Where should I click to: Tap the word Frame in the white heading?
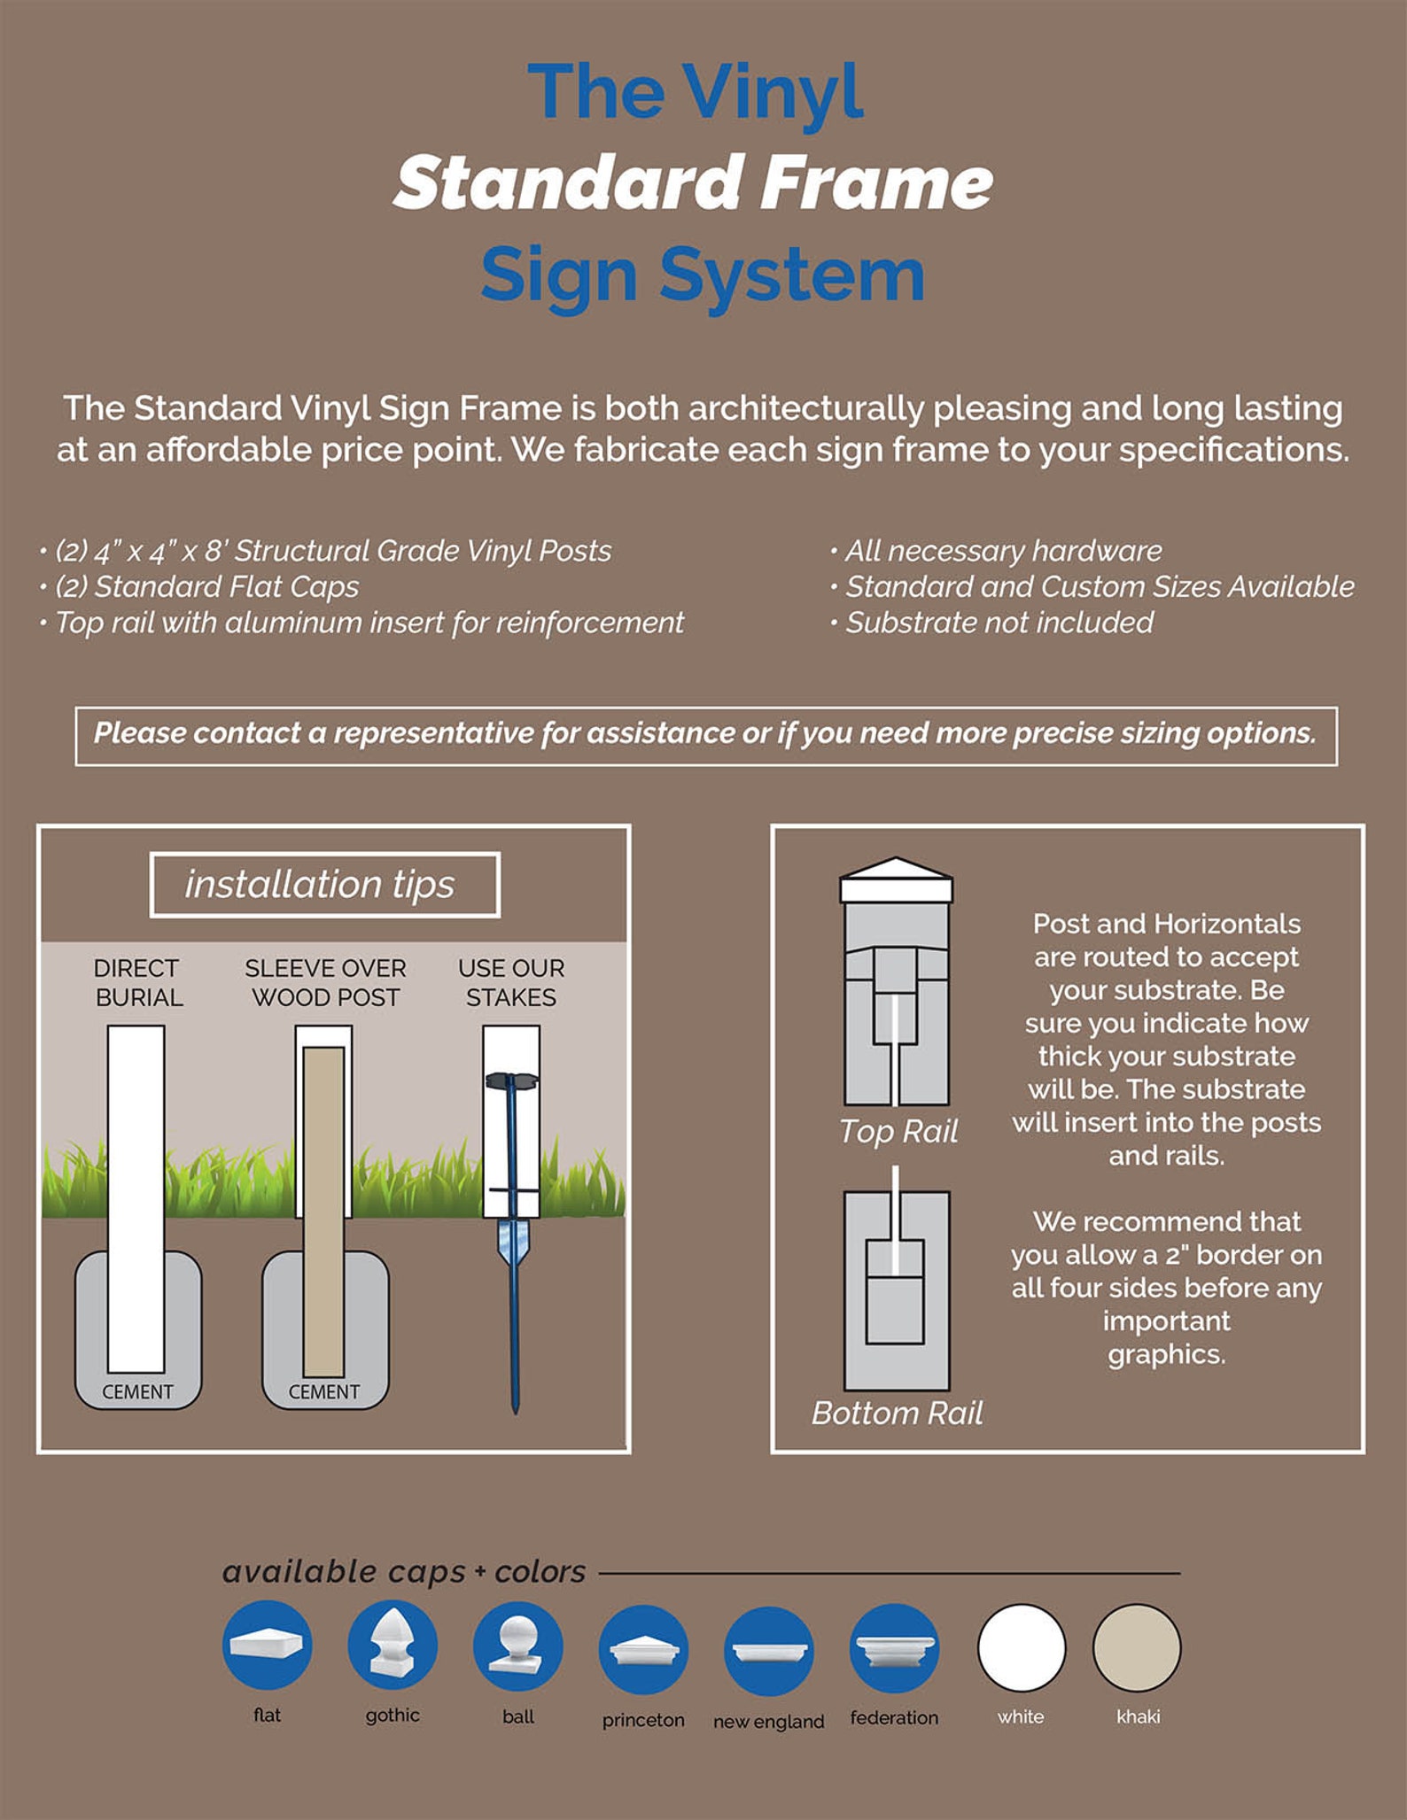click(x=877, y=182)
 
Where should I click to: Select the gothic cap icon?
click(x=393, y=1645)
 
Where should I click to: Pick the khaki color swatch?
click(x=1137, y=1647)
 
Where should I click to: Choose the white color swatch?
click(x=1021, y=1647)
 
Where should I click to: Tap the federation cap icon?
click(x=894, y=1648)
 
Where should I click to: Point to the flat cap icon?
click(x=267, y=1645)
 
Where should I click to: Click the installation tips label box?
click(x=324, y=885)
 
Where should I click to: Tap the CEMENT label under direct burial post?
click(x=137, y=1391)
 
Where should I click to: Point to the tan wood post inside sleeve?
click(x=323, y=1204)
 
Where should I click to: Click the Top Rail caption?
click(x=898, y=1131)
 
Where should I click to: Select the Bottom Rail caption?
click(x=897, y=1413)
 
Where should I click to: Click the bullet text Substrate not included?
click(x=999, y=623)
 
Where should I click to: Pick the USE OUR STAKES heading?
click(x=511, y=982)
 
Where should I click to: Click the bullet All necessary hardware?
click(x=1002, y=551)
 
